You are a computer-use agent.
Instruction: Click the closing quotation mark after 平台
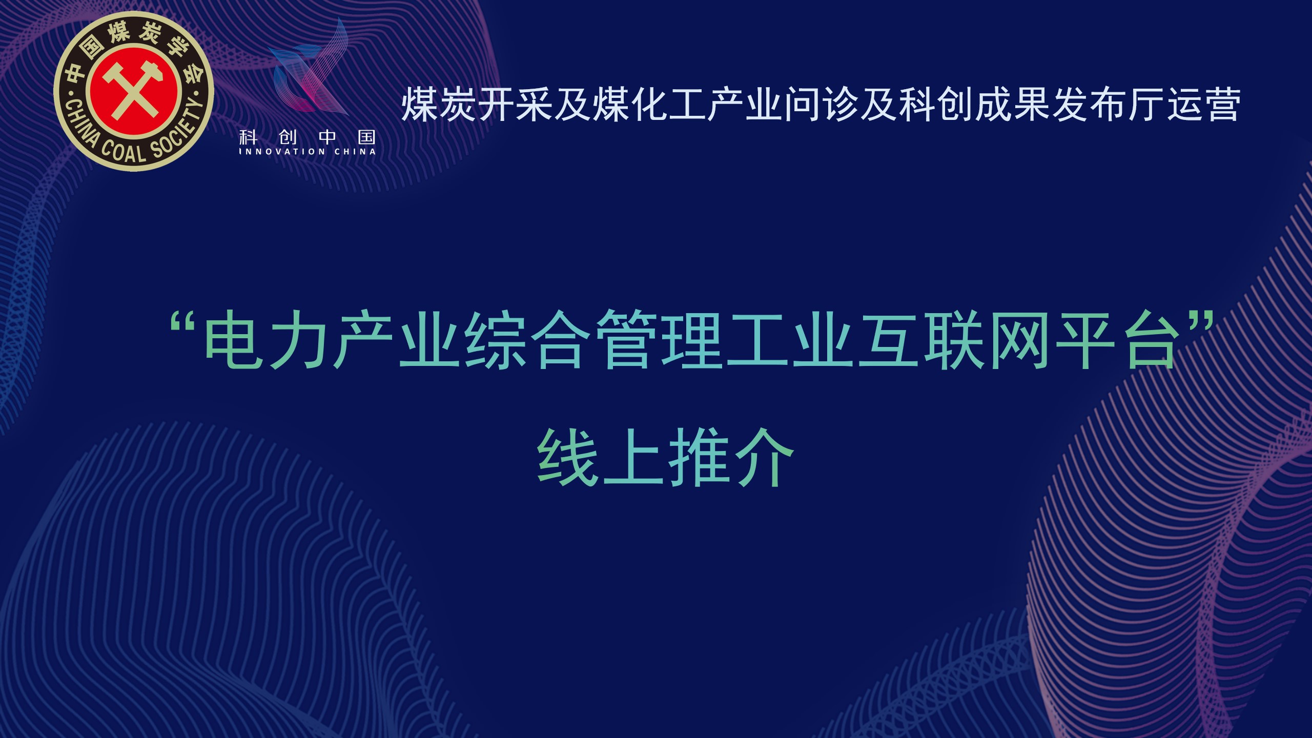pos(1202,325)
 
